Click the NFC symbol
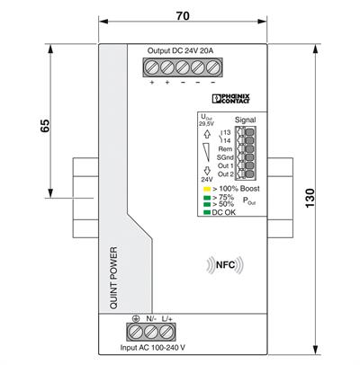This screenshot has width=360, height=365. coord(227,265)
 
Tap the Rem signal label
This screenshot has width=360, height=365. coord(226,148)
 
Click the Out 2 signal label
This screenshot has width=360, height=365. coord(225,174)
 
